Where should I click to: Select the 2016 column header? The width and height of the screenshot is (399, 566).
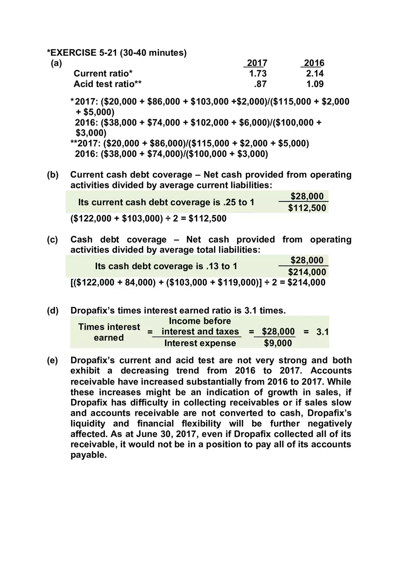pos(314,63)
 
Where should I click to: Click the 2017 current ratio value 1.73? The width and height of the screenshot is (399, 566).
pos(258,74)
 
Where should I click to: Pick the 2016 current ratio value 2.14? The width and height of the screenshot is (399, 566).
pos(315,74)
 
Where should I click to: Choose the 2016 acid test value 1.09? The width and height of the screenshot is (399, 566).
pos(315,84)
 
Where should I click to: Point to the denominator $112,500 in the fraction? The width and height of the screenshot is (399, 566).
pos(307,208)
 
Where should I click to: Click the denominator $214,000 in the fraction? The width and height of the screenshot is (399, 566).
pos(307,272)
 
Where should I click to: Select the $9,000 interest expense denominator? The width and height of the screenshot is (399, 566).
pos(278,343)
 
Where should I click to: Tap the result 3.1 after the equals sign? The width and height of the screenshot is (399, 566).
pos(322,332)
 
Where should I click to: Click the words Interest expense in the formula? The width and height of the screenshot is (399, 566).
pos(200,343)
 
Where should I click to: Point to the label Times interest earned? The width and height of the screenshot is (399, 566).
pos(109,332)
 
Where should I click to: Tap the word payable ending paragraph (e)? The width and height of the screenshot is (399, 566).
pos(88,455)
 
